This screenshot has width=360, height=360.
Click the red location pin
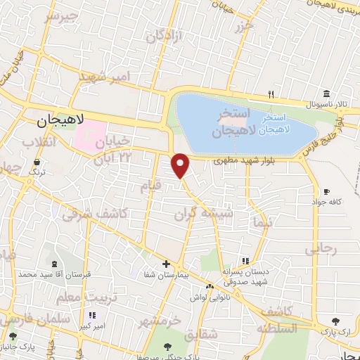[181, 165]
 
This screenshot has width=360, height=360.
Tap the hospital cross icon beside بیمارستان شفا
[166, 264]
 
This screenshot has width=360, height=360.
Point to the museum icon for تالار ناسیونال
[326, 94]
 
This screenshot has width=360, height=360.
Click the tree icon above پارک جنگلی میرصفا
[167, 346]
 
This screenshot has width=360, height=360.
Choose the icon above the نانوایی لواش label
[209, 287]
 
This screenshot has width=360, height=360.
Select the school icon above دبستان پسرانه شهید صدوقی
[244, 262]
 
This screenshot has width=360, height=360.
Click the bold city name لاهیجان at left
[59, 122]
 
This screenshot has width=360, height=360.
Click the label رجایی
[321, 250]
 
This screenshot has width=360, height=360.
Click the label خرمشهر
[160, 322]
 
